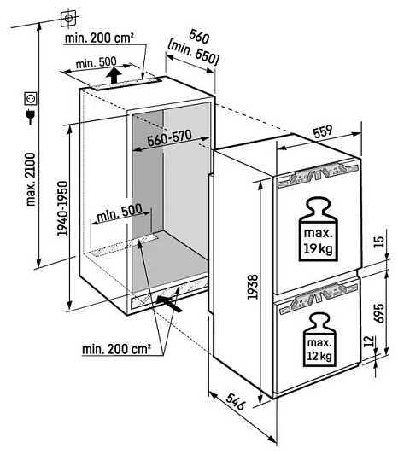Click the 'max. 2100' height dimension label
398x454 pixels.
click(31, 179)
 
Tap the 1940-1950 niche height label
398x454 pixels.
click(62, 208)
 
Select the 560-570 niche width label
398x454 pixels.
click(170, 138)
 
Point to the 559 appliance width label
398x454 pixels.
click(322, 132)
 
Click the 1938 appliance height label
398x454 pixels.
click(253, 287)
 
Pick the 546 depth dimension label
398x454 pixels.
click(236, 401)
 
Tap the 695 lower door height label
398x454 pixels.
click(379, 312)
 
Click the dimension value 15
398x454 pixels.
click(378, 242)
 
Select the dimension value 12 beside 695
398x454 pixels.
click(368, 341)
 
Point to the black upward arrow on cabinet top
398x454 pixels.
click(114, 75)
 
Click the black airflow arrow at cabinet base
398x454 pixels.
click(170, 304)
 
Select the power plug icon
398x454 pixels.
click(31, 116)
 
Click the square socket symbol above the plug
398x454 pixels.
click(31, 98)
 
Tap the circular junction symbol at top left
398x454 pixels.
click(68, 19)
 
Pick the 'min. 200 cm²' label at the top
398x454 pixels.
click(99, 38)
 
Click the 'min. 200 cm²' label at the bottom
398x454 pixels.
click(116, 349)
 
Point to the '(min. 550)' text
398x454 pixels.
click(194, 53)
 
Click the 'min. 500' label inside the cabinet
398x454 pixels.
click(120, 213)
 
